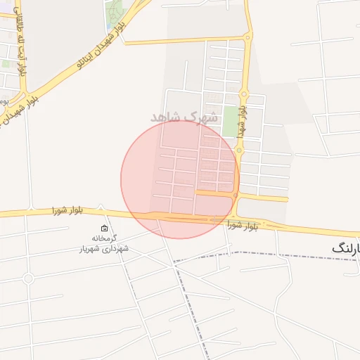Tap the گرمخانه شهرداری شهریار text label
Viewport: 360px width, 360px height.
pos(104,244)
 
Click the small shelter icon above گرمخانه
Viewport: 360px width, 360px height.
pos(104,229)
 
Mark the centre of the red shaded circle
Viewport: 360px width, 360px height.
pos(180,180)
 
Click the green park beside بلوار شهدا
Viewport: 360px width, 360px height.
pos(231,121)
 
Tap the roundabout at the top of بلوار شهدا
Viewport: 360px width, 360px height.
pos(247,37)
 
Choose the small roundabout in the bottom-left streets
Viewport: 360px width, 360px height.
pos(28,278)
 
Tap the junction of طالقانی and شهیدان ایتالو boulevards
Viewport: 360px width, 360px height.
pos(25,91)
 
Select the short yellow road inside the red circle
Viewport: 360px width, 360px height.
pos(214,192)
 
